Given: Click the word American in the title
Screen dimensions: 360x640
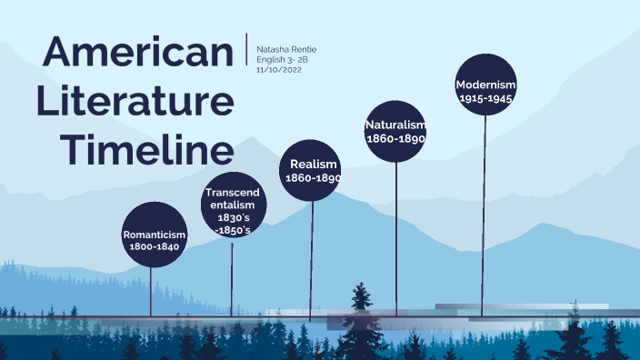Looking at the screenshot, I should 138,52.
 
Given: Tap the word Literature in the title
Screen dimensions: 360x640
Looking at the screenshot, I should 135,100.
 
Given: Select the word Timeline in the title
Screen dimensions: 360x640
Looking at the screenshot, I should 152,147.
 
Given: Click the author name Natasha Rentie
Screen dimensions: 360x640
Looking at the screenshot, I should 287,48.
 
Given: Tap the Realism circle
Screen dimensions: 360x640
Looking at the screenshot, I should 310,170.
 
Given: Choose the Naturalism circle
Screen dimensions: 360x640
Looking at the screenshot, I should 395,131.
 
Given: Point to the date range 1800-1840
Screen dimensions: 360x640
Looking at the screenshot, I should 155,246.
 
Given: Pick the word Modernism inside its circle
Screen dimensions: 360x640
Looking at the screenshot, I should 485,85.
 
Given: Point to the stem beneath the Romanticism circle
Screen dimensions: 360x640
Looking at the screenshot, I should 152,291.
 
